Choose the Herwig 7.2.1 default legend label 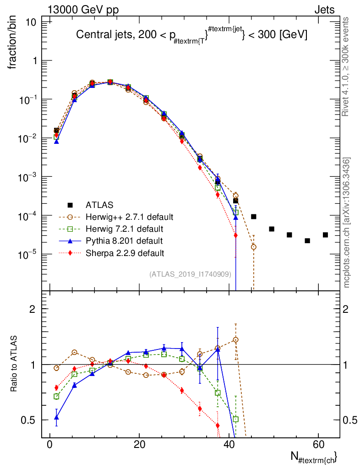coord(124,228)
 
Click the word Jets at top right coord(324,10)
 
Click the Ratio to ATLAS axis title coord(14,364)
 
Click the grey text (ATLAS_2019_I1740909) coord(190,274)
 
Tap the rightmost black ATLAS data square coord(325,235)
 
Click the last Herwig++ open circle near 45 coord(253,247)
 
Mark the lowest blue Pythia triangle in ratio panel coord(56,417)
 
